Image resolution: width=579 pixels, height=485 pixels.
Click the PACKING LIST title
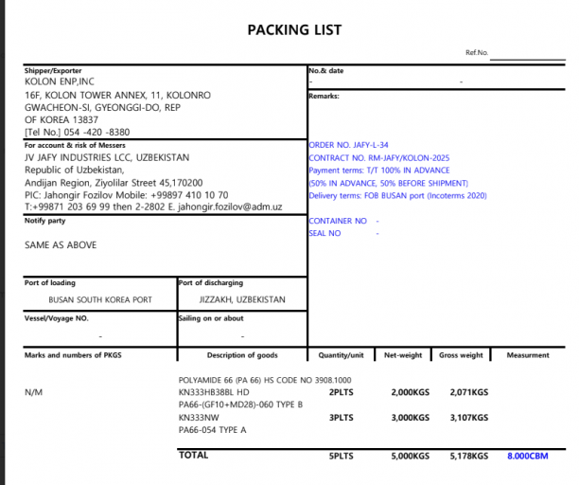pyautogui.click(x=294, y=29)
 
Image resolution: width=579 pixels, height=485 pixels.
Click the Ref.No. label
pyautogui.click(x=476, y=53)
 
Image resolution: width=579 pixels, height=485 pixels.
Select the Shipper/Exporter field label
pyautogui.click(x=53, y=71)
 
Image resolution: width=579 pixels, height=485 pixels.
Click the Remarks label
pyautogui.click(x=324, y=96)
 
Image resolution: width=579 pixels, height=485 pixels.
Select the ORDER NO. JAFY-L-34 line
pyautogui.click(x=350, y=145)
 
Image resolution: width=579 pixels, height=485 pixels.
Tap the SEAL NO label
pyautogui.click(x=325, y=233)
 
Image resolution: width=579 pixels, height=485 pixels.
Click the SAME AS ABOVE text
pyautogui.click(x=61, y=244)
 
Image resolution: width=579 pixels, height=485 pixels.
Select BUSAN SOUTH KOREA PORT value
pyautogui.click(x=100, y=299)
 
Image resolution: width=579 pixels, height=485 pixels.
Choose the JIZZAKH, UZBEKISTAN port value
pyautogui.click(x=242, y=299)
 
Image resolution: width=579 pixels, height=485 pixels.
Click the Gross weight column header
pyautogui.click(x=461, y=355)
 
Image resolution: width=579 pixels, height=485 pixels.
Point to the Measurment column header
pyautogui.click(x=528, y=355)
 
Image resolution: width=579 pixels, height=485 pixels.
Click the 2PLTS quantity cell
pyautogui.click(x=341, y=391)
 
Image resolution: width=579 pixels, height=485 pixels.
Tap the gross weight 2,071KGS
pyautogui.click(x=469, y=391)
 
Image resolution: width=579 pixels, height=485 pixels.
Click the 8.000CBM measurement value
pyautogui.click(x=528, y=457)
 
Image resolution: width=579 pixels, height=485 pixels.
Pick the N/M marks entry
pyautogui.click(x=33, y=391)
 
